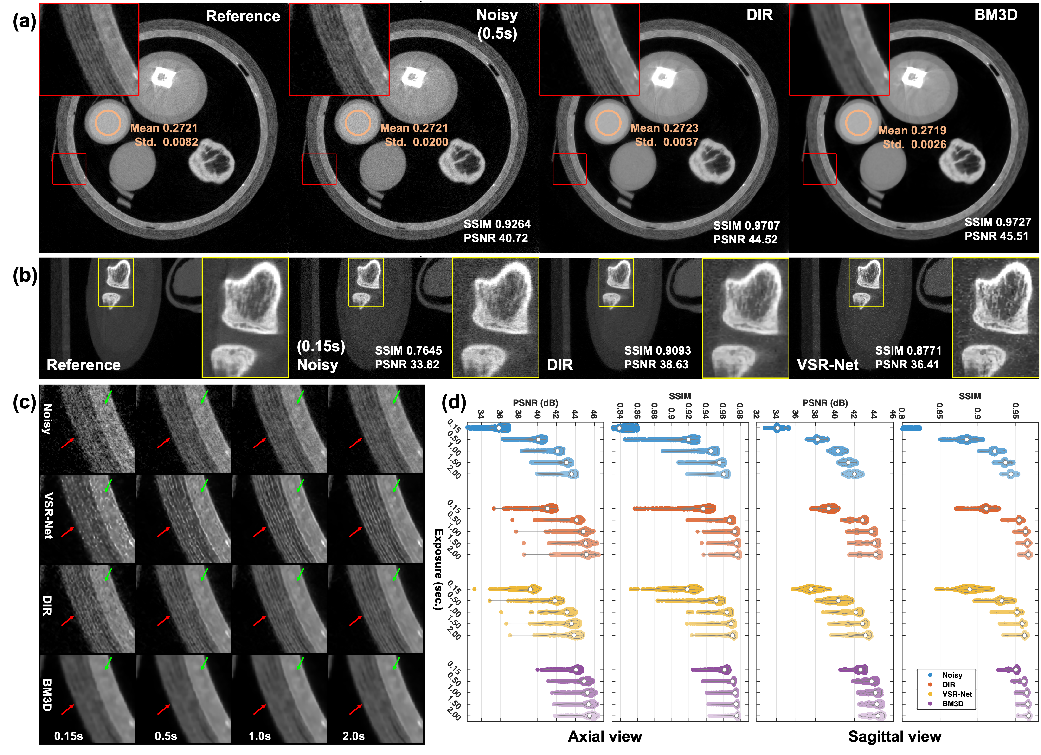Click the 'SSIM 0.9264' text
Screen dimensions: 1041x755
pos(497,224)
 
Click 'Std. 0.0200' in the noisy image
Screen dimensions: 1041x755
pos(416,142)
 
